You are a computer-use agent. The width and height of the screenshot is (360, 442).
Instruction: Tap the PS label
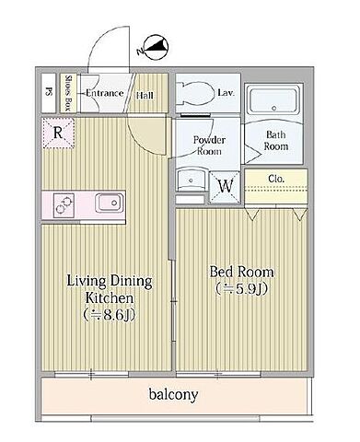[x=48, y=92]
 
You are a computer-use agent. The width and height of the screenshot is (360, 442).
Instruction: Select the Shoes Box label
[x=67, y=93]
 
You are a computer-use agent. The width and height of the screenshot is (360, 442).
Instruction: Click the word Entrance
[x=104, y=93]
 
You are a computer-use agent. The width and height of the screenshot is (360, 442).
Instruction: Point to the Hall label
[x=145, y=95]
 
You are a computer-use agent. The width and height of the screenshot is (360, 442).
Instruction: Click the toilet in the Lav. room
[x=196, y=93]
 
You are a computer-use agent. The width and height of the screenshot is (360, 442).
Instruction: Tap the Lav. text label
[x=226, y=92]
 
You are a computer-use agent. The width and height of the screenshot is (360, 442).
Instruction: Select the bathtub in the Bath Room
[x=274, y=100]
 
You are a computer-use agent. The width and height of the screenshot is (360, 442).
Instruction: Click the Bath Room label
[x=276, y=140]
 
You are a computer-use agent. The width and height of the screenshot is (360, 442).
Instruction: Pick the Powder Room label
[x=209, y=145]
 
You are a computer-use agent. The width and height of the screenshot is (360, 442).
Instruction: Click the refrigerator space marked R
[x=58, y=133]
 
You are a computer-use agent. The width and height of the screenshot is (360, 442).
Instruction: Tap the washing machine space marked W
[x=226, y=186]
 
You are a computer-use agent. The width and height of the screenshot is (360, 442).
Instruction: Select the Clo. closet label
[x=276, y=179]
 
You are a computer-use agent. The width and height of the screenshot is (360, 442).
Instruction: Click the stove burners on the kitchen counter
[x=64, y=205]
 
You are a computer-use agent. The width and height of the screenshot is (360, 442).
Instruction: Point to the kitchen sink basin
[x=110, y=203]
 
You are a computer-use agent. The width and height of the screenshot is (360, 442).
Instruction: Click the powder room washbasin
[x=191, y=180]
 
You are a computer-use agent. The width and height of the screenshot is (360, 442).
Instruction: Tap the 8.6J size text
[x=110, y=314]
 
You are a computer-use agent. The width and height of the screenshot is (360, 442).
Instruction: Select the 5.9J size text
[x=242, y=288]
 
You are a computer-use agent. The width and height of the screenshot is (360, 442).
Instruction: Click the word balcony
[x=173, y=395]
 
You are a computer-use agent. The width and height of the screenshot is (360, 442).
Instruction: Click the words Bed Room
[x=241, y=272]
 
